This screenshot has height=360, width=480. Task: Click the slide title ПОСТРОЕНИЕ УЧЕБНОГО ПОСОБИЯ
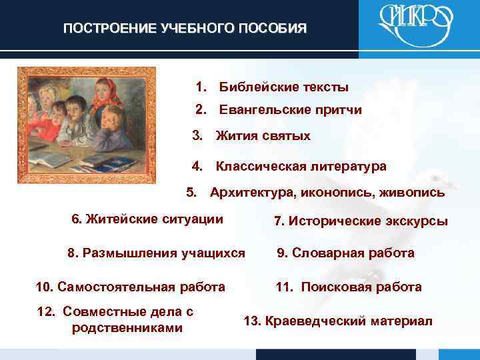[x=185, y=29]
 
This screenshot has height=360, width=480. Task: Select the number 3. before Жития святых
[x=197, y=136]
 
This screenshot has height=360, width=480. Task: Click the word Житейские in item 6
[x=118, y=219]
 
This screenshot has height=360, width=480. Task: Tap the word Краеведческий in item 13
[x=305, y=321]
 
